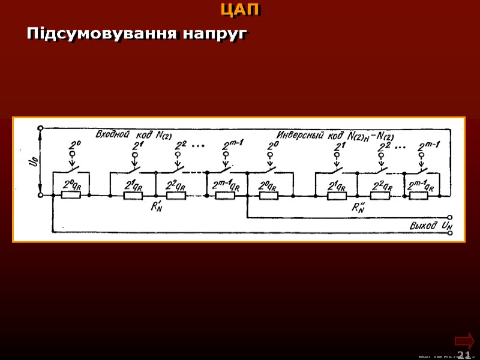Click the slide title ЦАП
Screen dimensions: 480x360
pos(240,10)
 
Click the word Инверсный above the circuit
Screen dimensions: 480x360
pos(304,133)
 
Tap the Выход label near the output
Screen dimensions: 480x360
pos(424,226)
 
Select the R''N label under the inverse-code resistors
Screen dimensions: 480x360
pos(359,208)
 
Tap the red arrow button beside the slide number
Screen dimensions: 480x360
pos(464,340)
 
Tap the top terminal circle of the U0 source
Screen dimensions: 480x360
pos(40,128)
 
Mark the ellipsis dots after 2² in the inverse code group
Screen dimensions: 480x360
pos(400,146)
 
